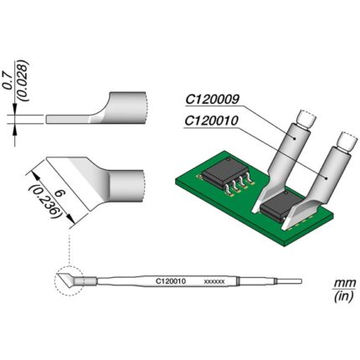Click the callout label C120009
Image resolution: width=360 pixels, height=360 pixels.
point(212,100)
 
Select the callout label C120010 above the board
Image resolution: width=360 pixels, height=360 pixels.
point(212,121)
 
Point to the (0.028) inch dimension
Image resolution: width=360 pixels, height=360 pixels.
point(23,80)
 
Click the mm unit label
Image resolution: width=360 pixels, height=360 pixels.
point(345,283)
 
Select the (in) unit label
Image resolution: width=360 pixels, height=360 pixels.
point(345,296)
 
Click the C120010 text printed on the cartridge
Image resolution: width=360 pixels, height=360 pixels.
point(171,281)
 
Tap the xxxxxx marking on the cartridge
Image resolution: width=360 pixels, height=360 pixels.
point(214,282)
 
